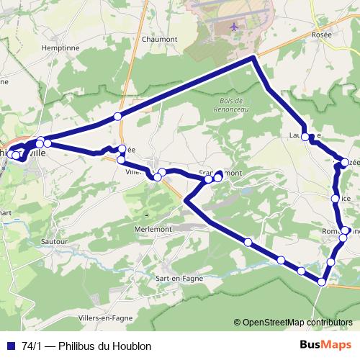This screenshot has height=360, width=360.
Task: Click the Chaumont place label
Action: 160,40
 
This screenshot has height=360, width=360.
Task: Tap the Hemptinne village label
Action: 41,46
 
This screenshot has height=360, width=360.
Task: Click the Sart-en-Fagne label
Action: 179,278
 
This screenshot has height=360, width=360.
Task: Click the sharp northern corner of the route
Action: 253,58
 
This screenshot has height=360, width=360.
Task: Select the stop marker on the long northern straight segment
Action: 117,116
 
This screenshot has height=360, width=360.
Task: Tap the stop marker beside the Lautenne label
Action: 305,137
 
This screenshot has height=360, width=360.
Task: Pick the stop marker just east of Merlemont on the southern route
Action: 248,243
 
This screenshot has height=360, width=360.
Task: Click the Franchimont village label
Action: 225,173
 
